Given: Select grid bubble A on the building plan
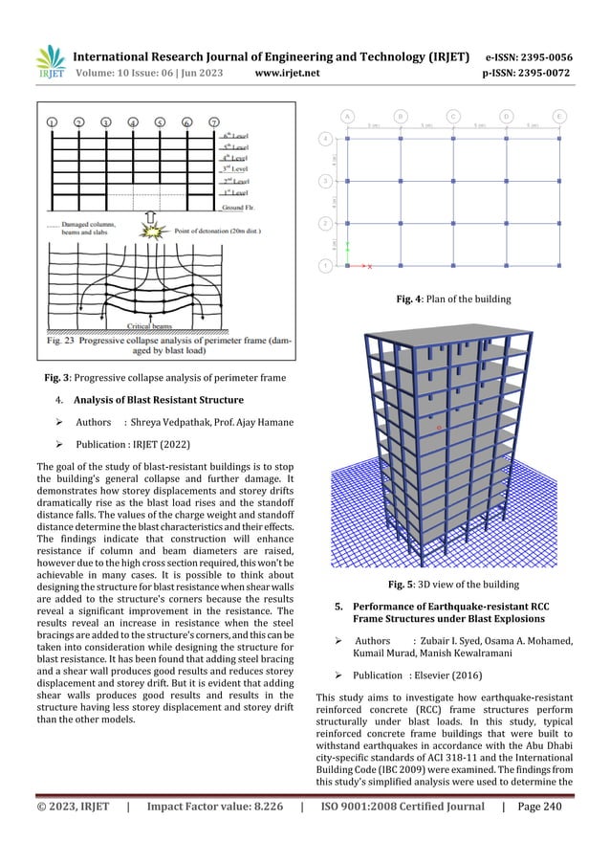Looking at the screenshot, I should tap(347, 117).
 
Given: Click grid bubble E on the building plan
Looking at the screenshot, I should tap(559, 117).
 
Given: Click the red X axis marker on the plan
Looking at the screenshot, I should tap(369, 265).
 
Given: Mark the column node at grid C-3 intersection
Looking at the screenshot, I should tap(453, 182).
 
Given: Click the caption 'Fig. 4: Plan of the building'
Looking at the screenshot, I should tap(452, 299).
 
